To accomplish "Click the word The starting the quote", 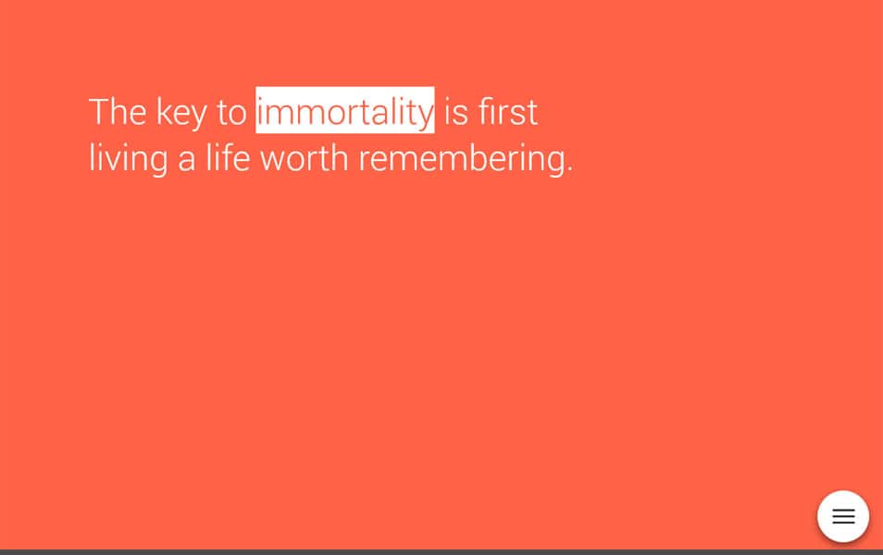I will pos(118,112).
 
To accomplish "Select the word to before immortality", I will pos(231,113).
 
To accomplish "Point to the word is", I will pos(456,112).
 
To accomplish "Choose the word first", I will pos(508,112).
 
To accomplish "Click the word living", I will pos(128,159).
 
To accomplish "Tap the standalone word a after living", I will pos(187,160).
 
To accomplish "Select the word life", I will pos(228,158).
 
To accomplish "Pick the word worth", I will pos(304,158).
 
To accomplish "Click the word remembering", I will pos(461,159).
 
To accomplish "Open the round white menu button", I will pos(843,516).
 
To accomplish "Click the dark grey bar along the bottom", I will pos(441,551).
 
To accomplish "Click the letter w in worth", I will pos(273,160).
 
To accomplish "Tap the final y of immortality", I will pos(424,116).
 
